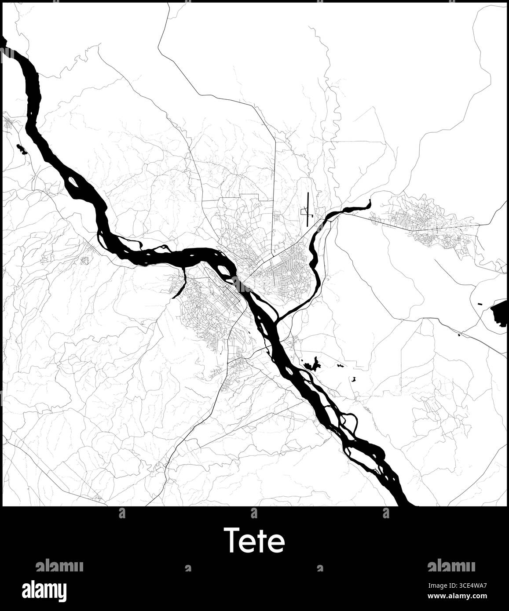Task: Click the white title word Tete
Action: coord(254,540)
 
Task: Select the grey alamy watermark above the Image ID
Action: coord(451,566)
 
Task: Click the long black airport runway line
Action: coord(308,209)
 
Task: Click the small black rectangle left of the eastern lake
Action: coord(480,303)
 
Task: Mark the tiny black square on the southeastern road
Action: coord(460,335)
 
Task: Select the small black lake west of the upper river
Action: coord(21,149)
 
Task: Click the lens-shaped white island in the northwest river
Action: coord(73,181)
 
